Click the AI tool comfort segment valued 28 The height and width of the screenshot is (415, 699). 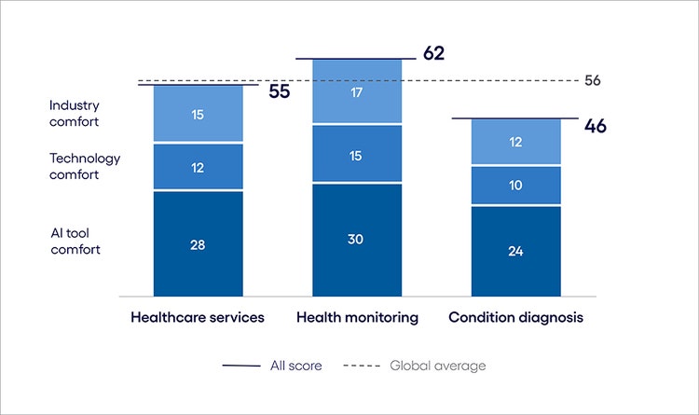(198, 244)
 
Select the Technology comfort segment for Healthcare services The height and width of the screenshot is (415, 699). (198, 167)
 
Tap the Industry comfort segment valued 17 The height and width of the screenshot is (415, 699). (357, 92)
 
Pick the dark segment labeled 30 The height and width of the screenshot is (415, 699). (357, 240)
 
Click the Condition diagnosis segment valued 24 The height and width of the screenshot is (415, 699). (515, 250)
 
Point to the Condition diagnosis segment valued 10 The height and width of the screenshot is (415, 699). (515, 186)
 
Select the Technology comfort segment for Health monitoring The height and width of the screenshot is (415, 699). (357, 154)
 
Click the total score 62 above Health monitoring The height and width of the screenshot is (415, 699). (433, 53)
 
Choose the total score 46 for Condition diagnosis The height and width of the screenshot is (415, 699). (595, 125)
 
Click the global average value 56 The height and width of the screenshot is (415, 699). (593, 80)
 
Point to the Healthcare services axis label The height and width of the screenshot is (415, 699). (198, 317)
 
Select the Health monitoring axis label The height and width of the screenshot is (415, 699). (357, 317)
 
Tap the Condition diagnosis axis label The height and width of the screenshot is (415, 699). (515, 317)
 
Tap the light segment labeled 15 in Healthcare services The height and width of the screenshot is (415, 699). (198, 114)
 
